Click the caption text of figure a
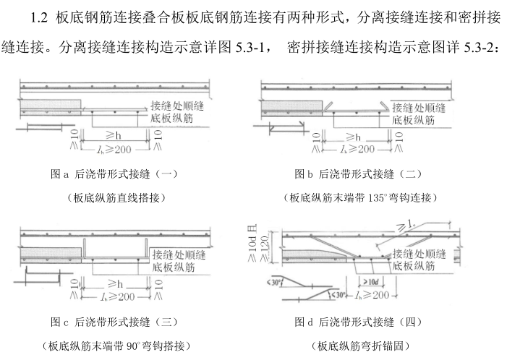115,174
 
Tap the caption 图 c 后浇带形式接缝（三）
114,322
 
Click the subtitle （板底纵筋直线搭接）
115,197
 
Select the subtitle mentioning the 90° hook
115,345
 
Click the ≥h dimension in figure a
111,137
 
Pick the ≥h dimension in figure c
111,283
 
